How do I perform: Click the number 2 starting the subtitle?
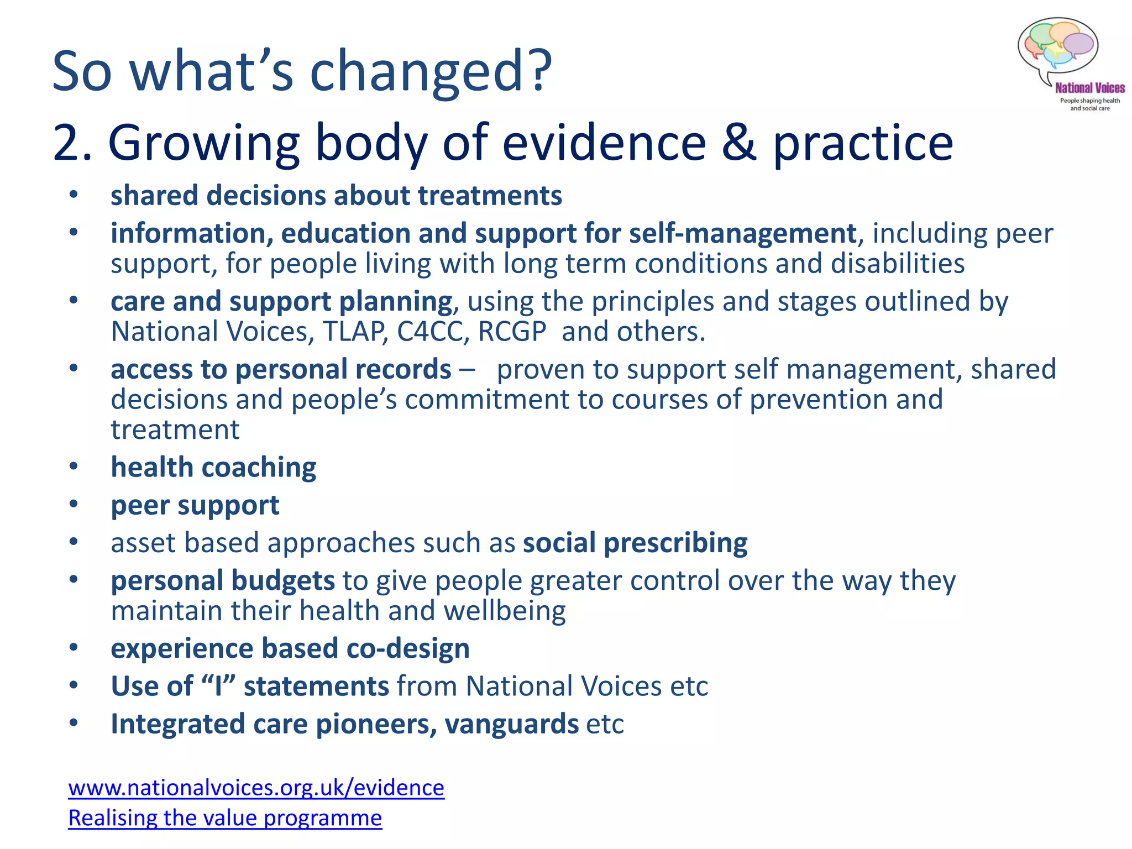(65, 143)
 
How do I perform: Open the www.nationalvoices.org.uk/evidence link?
(256, 787)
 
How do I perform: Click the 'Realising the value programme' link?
(225, 817)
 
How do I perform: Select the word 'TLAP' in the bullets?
(354, 332)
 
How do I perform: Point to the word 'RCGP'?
(512, 332)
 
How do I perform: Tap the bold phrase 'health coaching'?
(213, 468)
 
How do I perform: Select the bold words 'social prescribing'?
(635, 543)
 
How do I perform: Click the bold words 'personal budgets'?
(222, 581)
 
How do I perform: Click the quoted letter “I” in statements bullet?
(218, 686)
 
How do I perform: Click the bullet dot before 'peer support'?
(74, 505)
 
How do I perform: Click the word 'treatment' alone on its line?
(175, 429)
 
